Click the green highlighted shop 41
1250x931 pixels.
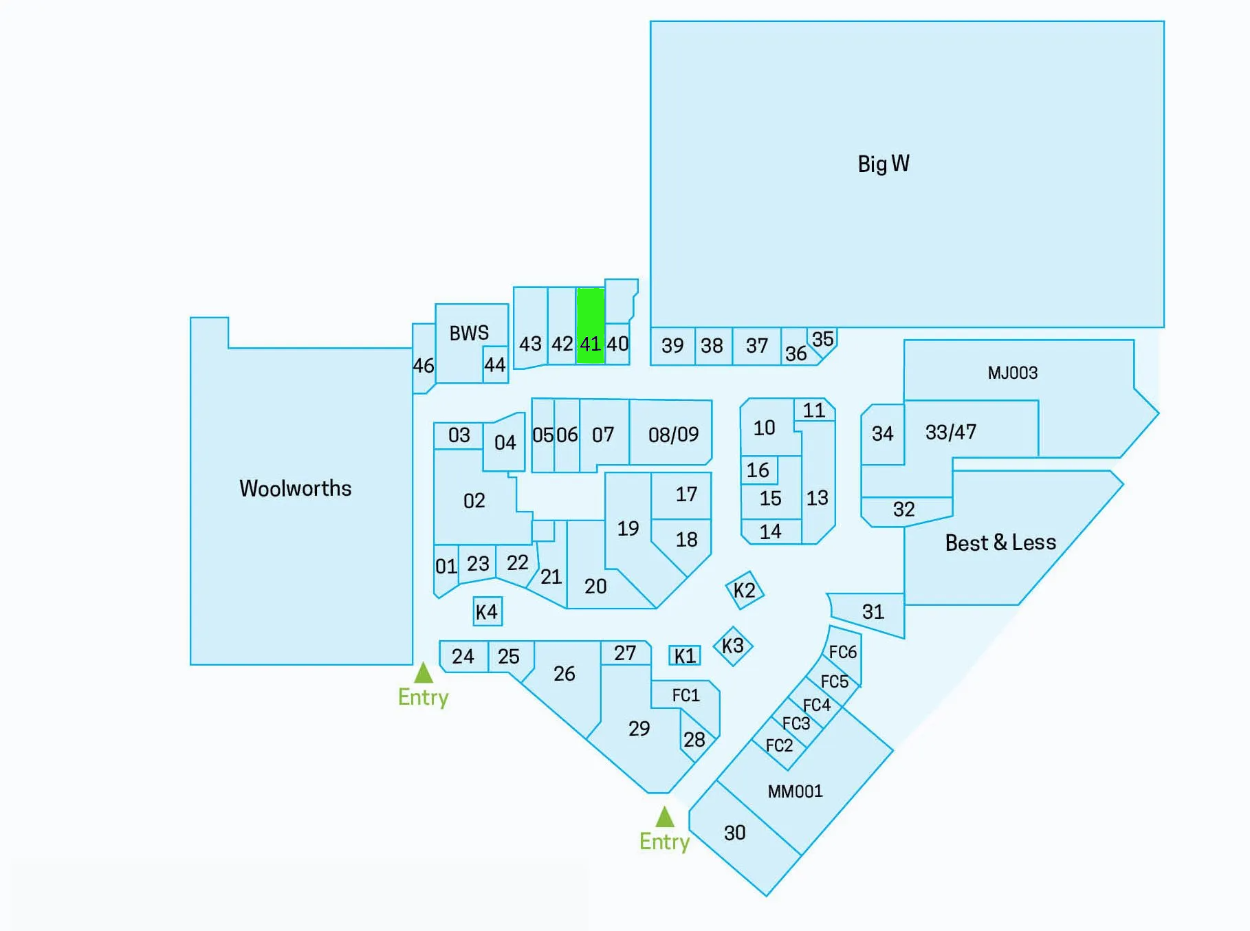(591, 325)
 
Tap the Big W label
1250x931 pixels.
(884, 164)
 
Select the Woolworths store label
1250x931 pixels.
(296, 488)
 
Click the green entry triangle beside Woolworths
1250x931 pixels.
(424, 672)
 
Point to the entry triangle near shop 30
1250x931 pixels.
(665, 817)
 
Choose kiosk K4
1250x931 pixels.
(487, 611)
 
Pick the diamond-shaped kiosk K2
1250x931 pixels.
(745, 590)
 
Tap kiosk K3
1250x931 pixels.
(733, 646)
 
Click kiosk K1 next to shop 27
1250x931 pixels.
(685, 655)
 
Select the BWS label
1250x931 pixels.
(469, 333)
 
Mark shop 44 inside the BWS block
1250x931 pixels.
(495, 364)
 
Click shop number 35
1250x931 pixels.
(823, 340)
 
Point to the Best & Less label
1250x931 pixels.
(1000, 543)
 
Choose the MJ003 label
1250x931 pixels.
(1013, 373)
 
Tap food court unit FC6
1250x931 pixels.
(843, 652)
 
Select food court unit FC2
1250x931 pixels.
(779, 746)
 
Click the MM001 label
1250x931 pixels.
(796, 791)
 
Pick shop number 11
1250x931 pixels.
(814, 410)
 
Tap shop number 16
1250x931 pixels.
(758, 470)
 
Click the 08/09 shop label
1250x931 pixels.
(674, 435)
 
